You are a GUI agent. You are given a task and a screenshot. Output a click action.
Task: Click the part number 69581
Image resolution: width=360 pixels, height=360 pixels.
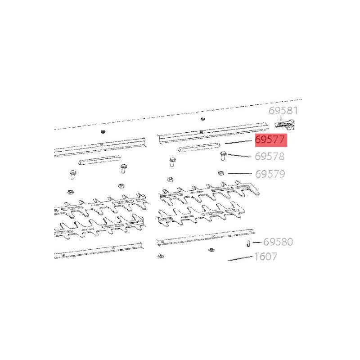(283, 111)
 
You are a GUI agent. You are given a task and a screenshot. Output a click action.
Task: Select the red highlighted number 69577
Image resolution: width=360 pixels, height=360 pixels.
(270, 139)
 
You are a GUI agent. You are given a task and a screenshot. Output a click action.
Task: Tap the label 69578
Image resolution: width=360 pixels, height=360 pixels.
(270, 156)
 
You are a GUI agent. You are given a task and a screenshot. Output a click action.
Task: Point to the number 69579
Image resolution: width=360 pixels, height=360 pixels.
(270, 174)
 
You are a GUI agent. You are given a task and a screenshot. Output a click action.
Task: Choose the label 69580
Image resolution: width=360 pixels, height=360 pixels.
(278, 242)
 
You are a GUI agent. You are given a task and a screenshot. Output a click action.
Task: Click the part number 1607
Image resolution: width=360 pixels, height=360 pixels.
(265, 256)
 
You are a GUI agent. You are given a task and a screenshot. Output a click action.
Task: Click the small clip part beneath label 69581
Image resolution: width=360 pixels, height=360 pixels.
(285, 125)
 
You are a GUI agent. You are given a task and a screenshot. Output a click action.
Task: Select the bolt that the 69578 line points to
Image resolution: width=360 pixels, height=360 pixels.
(223, 156)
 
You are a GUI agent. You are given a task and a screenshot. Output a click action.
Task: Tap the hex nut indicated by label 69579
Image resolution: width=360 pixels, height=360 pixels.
(221, 173)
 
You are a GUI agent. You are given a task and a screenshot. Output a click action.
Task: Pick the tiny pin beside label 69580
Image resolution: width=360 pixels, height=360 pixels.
(248, 243)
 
